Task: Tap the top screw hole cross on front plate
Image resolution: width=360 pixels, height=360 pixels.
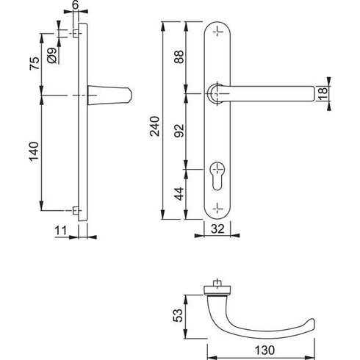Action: click(x=217, y=32)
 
